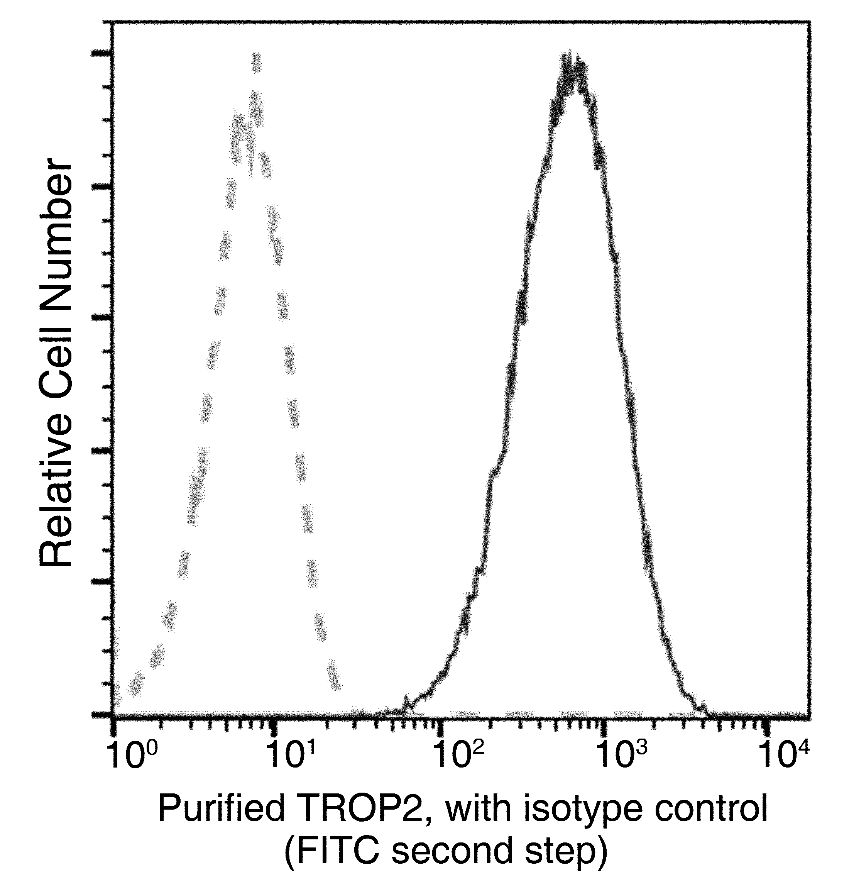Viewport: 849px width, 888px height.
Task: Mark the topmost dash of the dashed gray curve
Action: pyautogui.click(x=257, y=63)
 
